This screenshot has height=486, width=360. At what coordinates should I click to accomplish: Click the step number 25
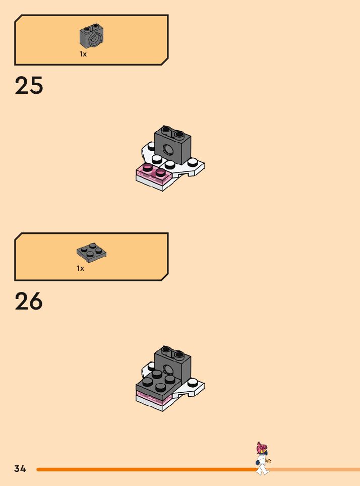point(29,86)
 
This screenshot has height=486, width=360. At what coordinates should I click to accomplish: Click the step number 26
point(29,301)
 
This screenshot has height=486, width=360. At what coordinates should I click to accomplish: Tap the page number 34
point(20,469)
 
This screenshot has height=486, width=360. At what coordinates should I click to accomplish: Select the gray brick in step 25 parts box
point(91,37)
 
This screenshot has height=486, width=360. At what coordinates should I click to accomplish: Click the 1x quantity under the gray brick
point(83,54)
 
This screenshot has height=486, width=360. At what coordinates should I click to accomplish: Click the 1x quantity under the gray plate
point(81,269)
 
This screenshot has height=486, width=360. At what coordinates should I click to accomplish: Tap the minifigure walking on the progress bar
point(262,459)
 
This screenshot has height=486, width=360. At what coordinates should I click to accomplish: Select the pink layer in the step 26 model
point(151,399)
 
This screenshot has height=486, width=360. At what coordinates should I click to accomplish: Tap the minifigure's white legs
point(262,468)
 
